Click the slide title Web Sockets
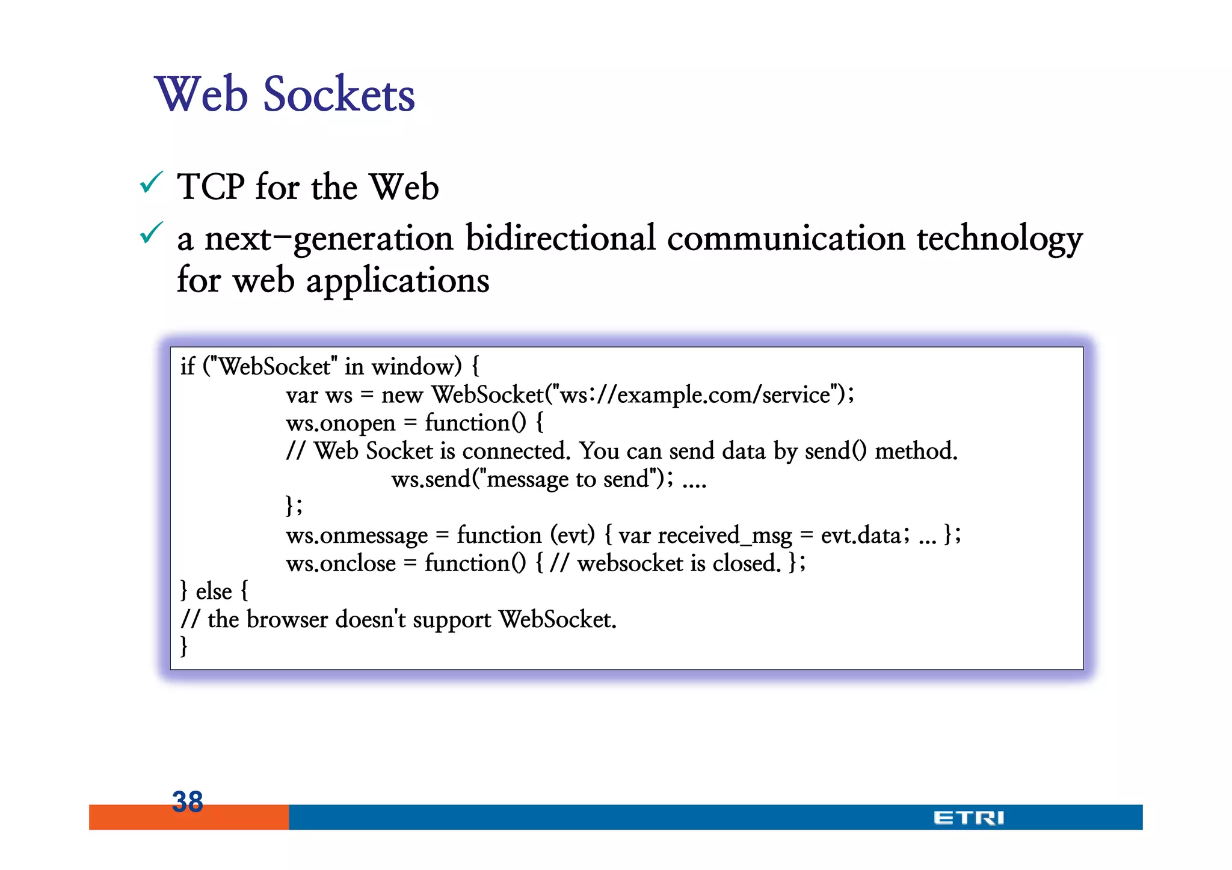[x=285, y=94]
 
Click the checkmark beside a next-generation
[x=151, y=233]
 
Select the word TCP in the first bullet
[x=211, y=187]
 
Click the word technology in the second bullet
[x=999, y=239]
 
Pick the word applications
[x=398, y=281]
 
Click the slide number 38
[x=187, y=801]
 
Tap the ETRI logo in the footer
[x=969, y=818]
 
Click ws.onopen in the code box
[x=340, y=423]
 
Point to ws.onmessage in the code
[x=357, y=535]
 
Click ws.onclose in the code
[x=340, y=563]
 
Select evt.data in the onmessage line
[x=861, y=535]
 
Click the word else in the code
[x=214, y=592]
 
